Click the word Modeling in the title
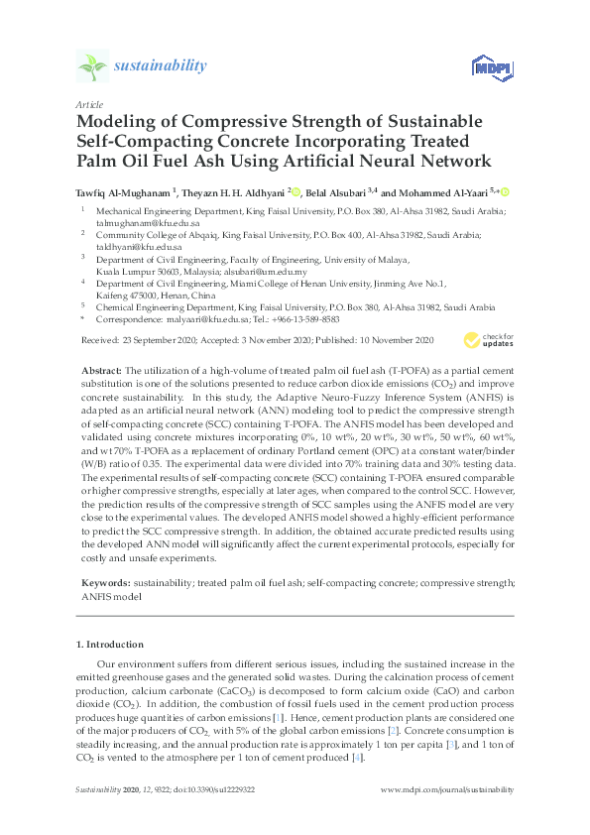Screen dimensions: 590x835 (x=117, y=123)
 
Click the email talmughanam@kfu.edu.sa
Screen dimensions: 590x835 (x=136, y=221)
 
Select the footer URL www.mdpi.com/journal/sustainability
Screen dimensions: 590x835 (x=447, y=789)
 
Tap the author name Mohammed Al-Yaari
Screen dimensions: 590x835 (x=448, y=191)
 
